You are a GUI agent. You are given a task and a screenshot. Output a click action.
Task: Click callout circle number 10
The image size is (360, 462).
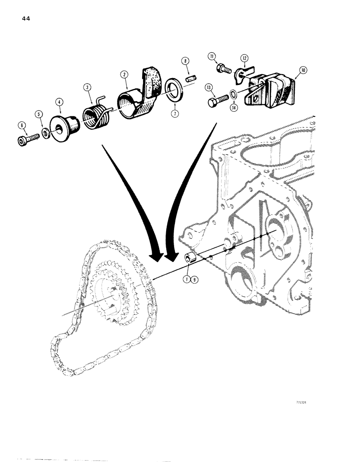pos(302,70)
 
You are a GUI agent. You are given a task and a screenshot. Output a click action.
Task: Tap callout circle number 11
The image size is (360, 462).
pos(213,57)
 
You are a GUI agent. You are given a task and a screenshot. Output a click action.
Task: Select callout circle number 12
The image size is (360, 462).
pos(244,58)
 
